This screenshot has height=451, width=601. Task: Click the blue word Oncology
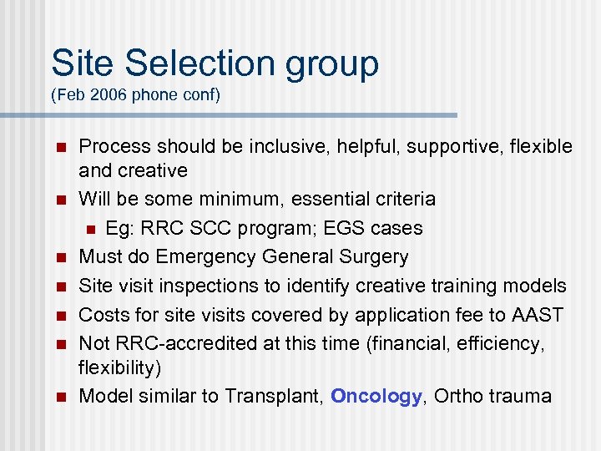pos(376,396)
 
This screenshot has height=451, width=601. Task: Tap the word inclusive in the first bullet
pos(260,146)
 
